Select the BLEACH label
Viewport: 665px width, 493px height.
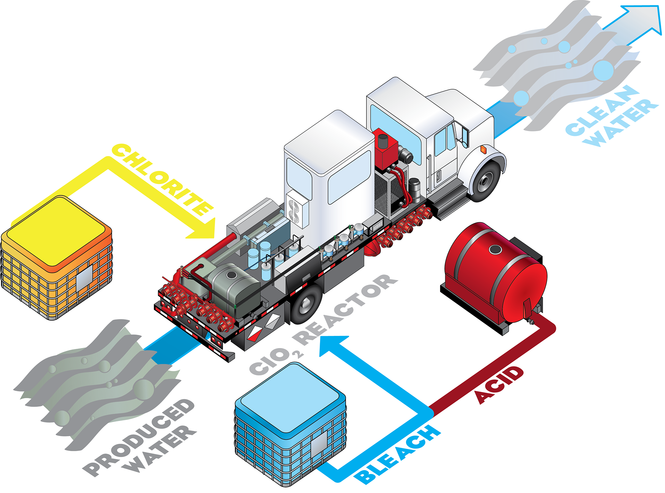tap(398, 453)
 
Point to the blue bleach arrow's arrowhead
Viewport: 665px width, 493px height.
tap(332, 346)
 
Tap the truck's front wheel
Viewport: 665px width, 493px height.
tap(485, 181)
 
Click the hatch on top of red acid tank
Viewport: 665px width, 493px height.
tap(496, 249)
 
